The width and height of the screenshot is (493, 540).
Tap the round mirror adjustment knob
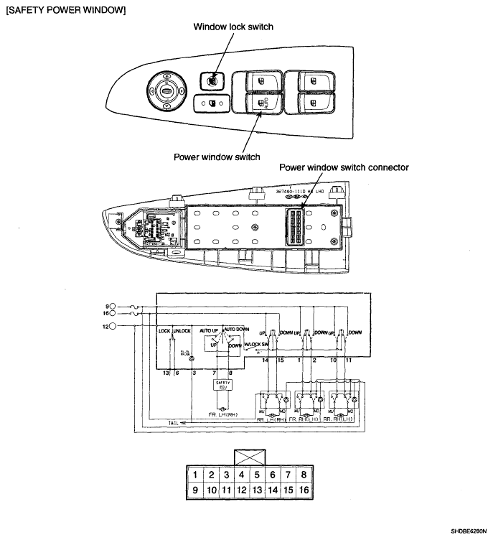click(x=166, y=91)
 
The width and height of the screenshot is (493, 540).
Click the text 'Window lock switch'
click(x=233, y=27)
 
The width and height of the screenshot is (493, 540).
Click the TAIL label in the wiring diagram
click(x=173, y=424)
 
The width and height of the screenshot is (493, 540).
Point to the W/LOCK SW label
click(x=256, y=344)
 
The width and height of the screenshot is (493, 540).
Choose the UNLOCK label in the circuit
click(x=182, y=331)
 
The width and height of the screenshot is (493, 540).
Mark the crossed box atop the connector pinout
click(x=250, y=457)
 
